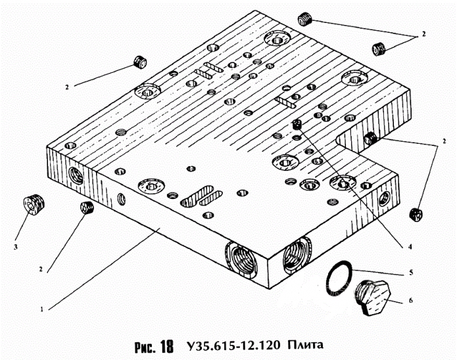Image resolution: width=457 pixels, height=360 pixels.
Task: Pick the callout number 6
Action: pos(410,300)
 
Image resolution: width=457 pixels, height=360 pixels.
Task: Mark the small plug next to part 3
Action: pos(86,208)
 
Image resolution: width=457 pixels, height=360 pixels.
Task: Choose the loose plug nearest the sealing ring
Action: pos(415,214)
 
